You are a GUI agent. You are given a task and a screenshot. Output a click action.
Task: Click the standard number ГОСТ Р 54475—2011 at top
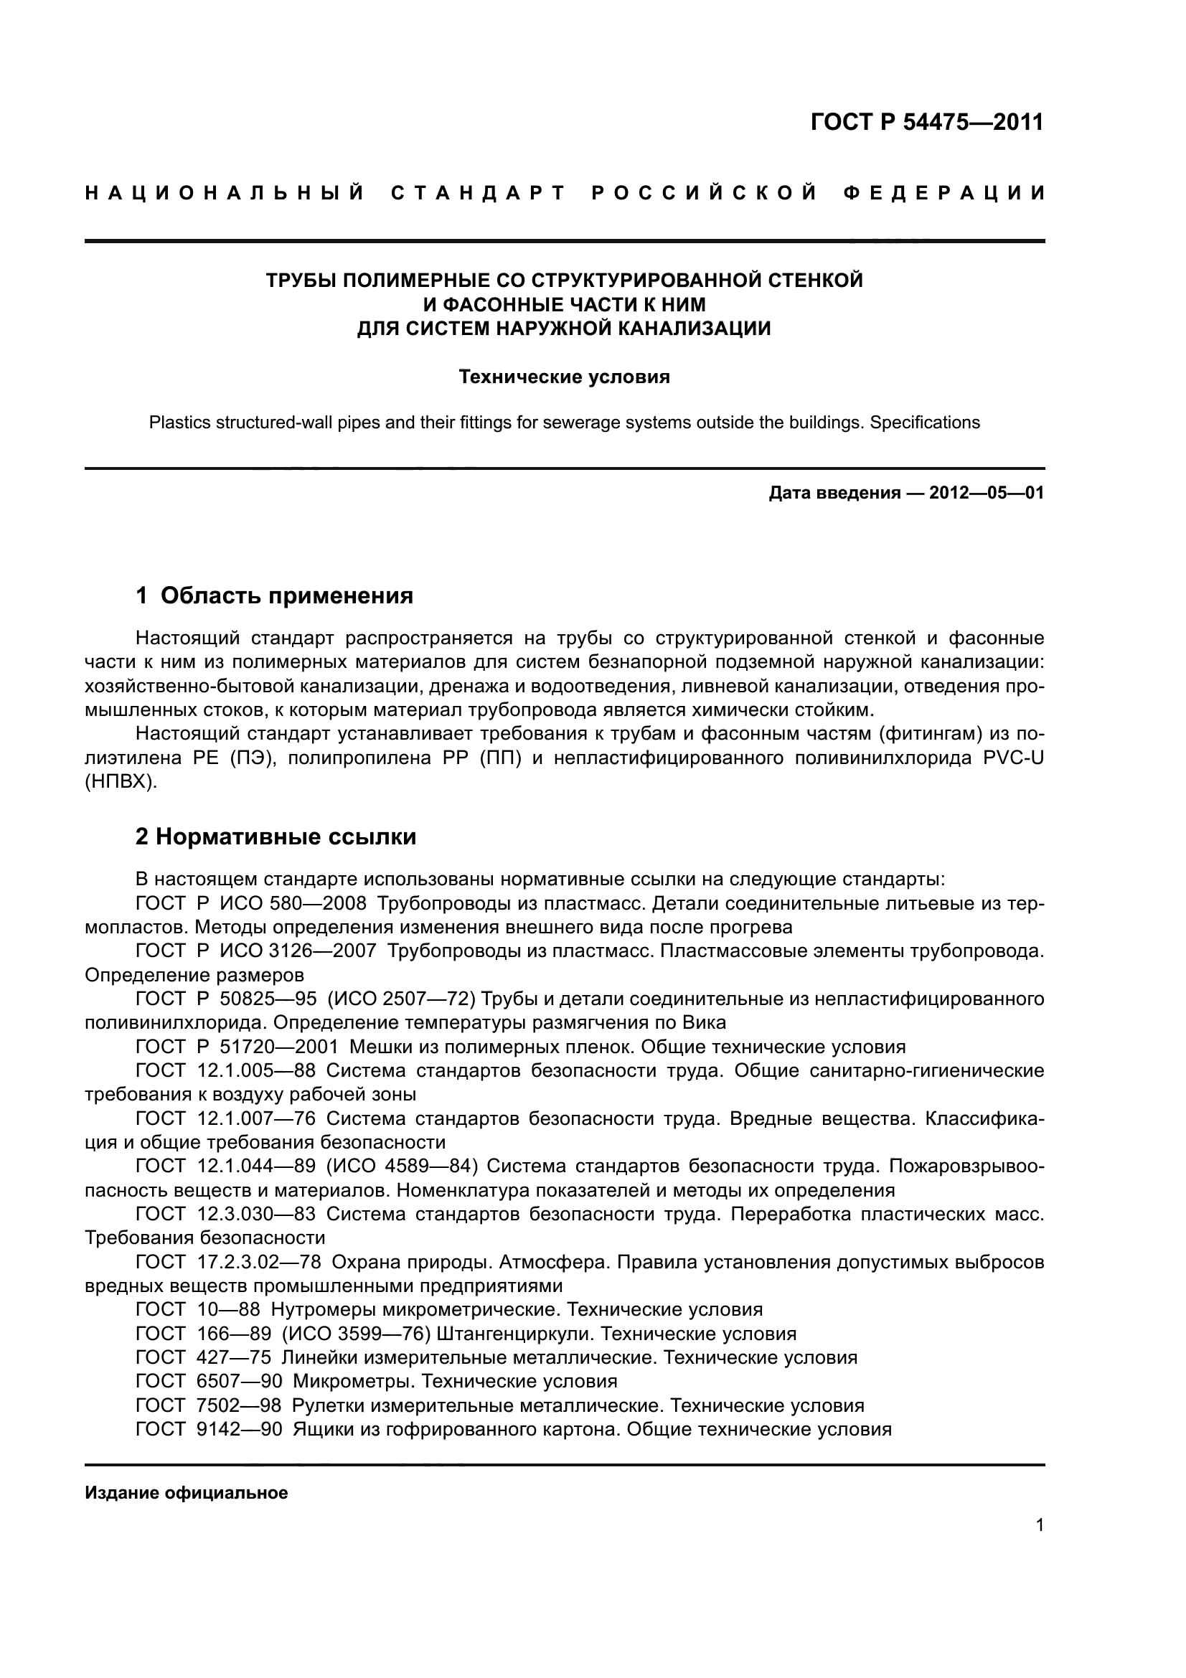(x=926, y=122)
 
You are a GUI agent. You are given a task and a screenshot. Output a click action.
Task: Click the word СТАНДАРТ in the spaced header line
(x=478, y=193)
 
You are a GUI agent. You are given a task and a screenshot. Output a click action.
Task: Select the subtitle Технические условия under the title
(x=563, y=377)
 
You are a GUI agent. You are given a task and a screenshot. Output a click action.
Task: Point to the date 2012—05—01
(x=986, y=493)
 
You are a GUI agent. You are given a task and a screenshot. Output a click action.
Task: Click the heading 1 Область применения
(x=274, y=595)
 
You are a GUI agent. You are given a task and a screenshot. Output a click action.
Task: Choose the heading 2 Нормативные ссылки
(x=276, y=836)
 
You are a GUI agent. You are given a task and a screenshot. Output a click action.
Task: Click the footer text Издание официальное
(x=187, y=1493)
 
